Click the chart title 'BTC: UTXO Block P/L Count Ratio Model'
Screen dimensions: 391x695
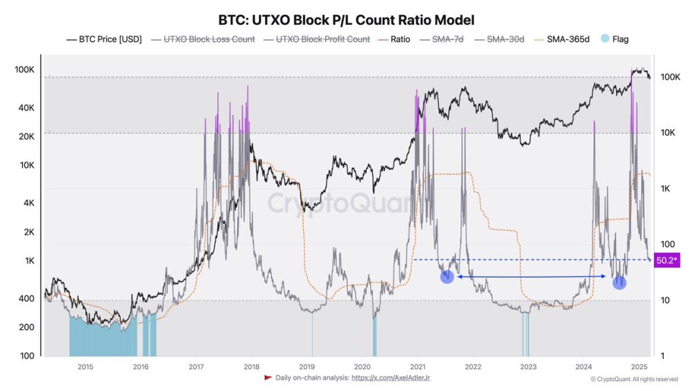point(347,20)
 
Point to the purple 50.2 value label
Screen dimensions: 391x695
point(666,260)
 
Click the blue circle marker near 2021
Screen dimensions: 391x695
point(447,277)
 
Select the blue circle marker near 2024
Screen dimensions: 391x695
point(620,282)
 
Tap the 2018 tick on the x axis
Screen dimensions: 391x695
point(251,366)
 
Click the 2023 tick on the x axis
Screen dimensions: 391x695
point(528,366)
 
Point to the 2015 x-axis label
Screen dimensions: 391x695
point(85,366)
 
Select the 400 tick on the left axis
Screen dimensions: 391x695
point(24,299)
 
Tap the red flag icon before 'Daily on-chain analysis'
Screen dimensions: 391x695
point(268,378)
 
